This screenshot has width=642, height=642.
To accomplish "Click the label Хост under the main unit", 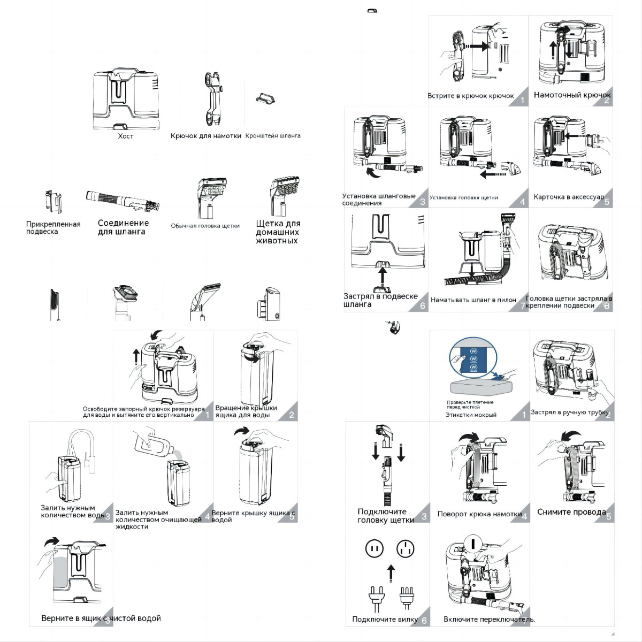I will (x=126, y=136).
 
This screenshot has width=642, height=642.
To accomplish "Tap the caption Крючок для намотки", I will (x=206, y=136).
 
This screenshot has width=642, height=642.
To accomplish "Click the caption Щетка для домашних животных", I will (x=278, y=232).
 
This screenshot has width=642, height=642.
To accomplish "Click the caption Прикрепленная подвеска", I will (x=53, y=228).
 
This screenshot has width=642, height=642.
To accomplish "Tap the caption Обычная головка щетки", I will (x=205, y=226).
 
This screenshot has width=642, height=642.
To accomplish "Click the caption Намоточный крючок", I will (x=572, y=95).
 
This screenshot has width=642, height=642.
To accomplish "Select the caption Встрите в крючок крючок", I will (x=470, y=96).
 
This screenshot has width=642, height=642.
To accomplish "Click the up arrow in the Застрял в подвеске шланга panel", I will (x=382, y=277).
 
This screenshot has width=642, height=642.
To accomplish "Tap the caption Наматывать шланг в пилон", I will (x=473, y=300).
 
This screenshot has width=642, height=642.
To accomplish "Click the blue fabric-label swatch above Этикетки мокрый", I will (x=473, y=359).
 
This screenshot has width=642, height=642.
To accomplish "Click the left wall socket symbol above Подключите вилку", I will (x=374, y=548).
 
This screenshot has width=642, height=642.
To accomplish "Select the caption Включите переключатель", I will (x=489, y=620).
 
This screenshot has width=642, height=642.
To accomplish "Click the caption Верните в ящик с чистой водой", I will (x=101, y=618).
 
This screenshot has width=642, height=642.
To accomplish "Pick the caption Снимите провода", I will (x=571, y=512).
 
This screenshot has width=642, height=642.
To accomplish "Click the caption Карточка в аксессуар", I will (x=568, y=197).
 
